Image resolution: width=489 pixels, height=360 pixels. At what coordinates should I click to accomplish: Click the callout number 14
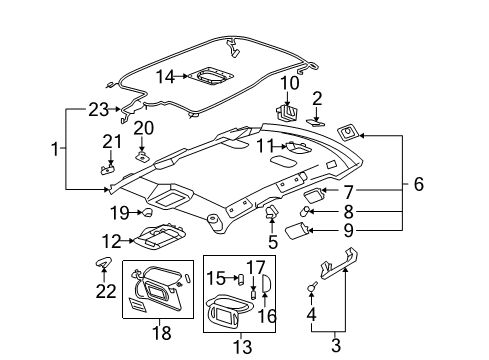(x=164, y=75)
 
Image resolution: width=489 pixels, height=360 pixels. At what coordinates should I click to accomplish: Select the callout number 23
(x=98, y=109)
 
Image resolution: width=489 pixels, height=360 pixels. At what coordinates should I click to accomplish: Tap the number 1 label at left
(x=56, y=150)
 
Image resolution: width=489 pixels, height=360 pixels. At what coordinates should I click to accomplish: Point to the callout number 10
(x=289, y=82)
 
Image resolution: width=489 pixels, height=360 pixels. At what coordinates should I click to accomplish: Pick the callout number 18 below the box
(x=161, y=332)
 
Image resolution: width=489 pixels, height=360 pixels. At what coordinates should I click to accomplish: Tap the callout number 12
(x=112, y=240)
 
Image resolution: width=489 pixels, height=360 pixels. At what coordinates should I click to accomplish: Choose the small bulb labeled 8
(x=308, y=211)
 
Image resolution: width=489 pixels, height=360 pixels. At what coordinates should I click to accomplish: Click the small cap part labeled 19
(x=146, y=211)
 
